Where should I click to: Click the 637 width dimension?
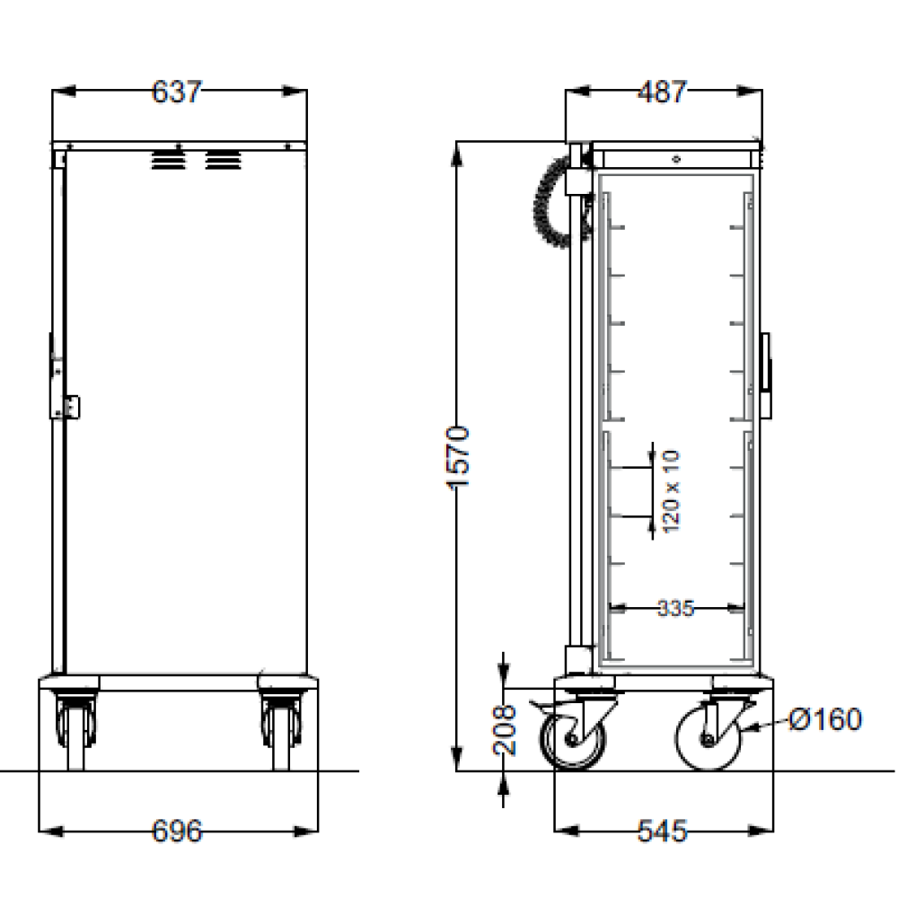point(177,92)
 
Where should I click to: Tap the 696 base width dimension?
point(177,831)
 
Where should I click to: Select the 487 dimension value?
point(662,92)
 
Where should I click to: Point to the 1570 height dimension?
point(458,457)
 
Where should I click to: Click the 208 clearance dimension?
point(505,729)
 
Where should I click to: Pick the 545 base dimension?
point(662,831)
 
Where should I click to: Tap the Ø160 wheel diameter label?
point(824,719)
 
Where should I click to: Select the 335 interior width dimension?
point(676,608)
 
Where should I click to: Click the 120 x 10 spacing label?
point(671,491)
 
